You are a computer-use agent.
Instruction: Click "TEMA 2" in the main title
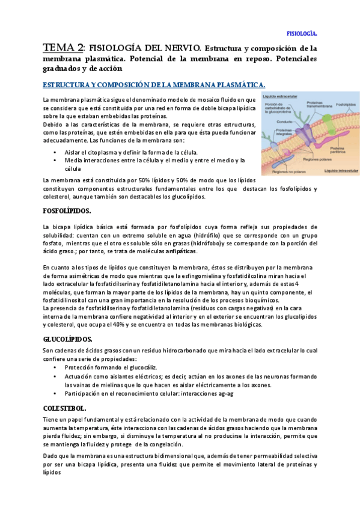point(63,48)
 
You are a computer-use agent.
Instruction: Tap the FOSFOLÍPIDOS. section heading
point(67,210)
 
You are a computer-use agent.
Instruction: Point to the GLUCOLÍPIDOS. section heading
point(67,339)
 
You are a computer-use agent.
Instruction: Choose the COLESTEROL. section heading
point(64,407)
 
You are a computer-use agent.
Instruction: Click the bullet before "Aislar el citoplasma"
point(55,152)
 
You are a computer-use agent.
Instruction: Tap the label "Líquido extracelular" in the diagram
point(281,97)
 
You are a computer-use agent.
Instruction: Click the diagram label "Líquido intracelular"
point(340,171)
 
